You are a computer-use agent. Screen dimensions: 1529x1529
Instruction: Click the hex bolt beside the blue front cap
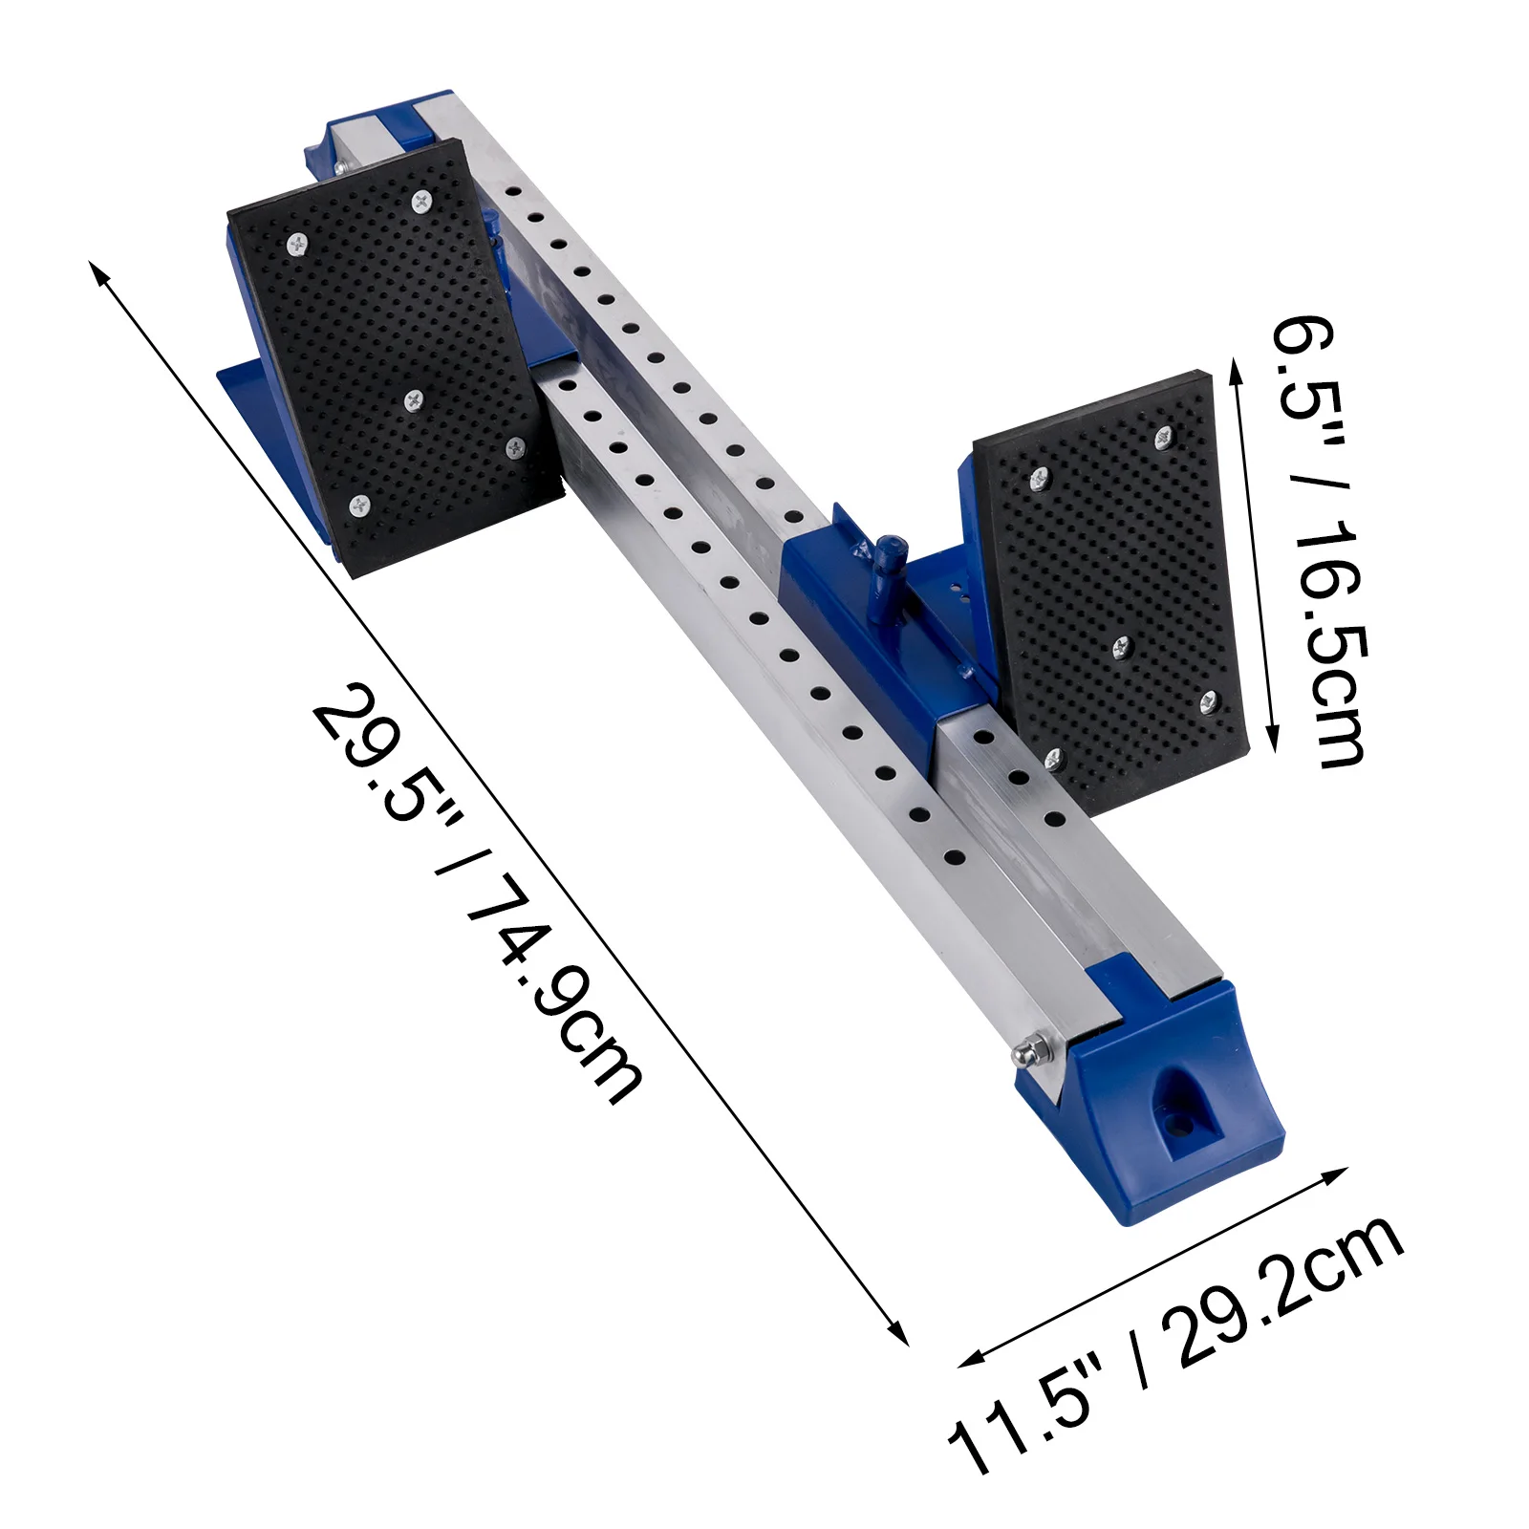click(1028, 1052)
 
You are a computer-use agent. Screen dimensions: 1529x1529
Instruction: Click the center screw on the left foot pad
click(414, 400)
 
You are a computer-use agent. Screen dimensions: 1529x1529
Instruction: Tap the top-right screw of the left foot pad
click(421, 201)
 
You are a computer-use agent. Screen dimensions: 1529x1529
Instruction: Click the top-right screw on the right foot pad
click(1164, 439)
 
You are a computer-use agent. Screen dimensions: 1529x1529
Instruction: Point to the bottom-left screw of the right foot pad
click(1054, 760)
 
